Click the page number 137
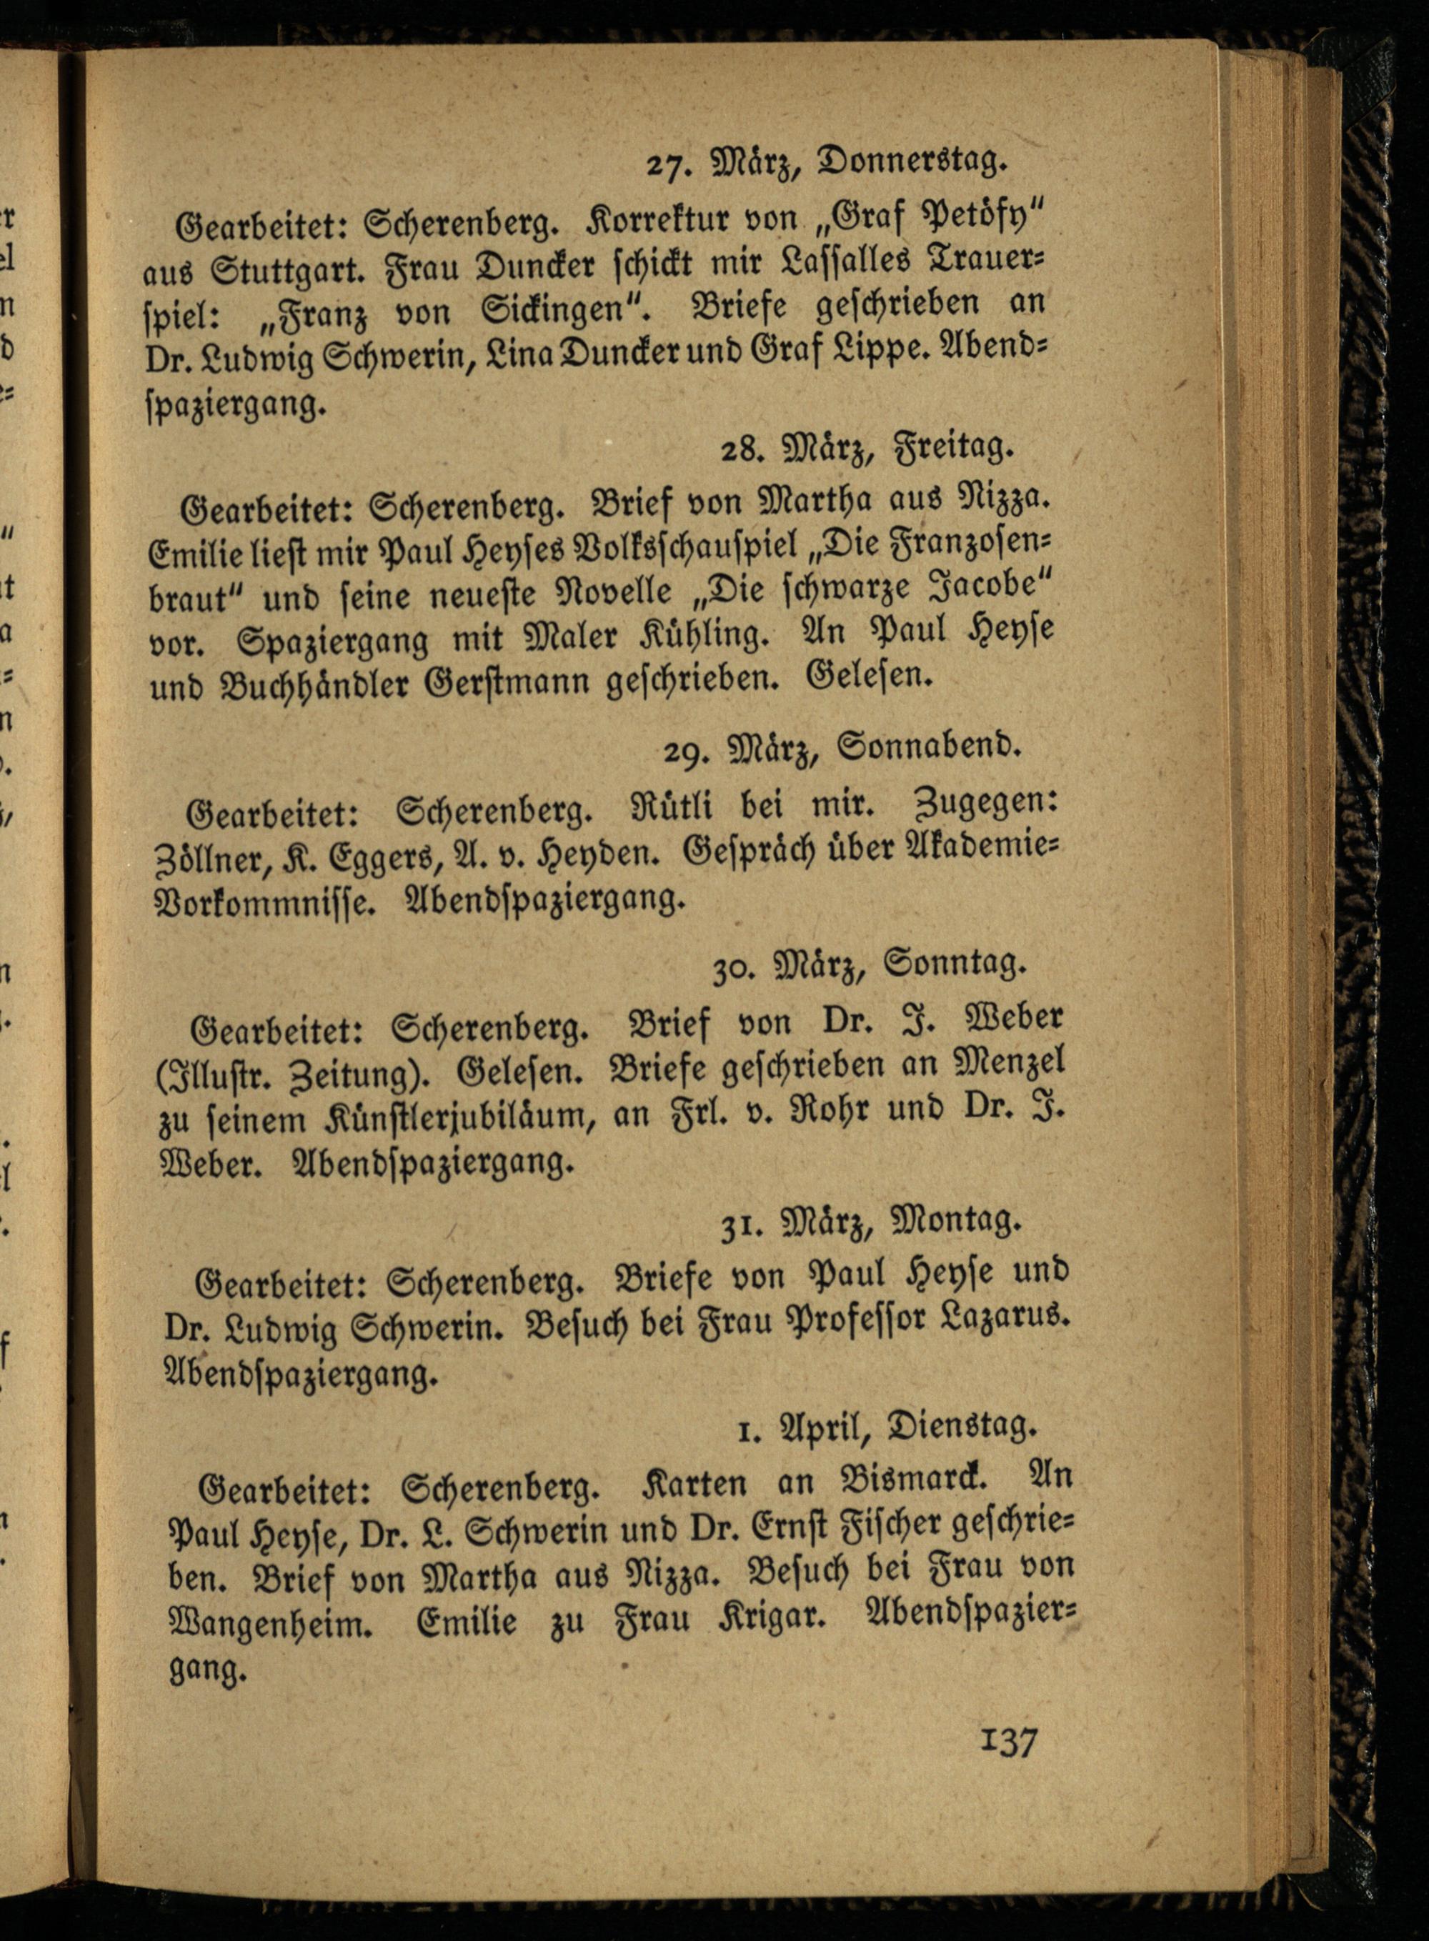1009,1740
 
